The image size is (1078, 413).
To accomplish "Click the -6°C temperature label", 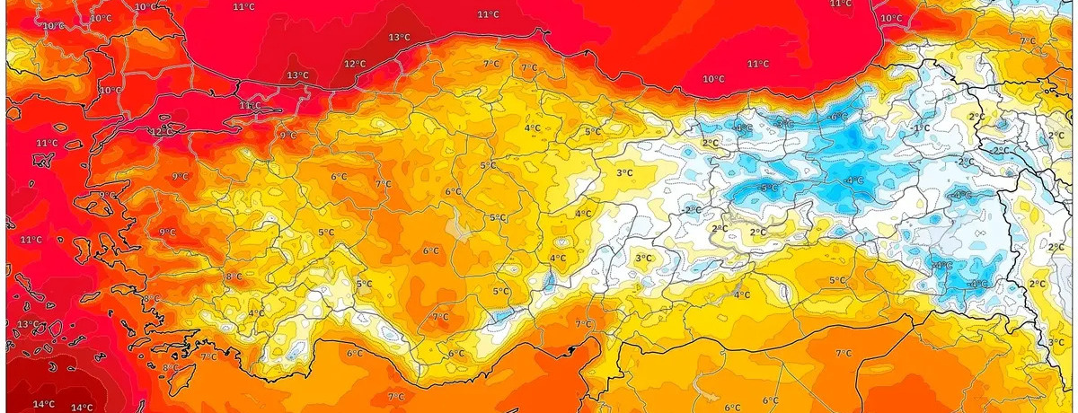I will [x=838, y=117].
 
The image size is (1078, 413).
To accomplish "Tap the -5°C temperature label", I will [x=769, y=188].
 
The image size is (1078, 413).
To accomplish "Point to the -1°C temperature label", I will [x=922, y=128].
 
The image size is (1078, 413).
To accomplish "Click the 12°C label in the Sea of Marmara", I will [x=162, y=132].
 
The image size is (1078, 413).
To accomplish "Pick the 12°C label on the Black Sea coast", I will [x=355, y=64].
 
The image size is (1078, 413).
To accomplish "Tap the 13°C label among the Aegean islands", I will [x=28, y=324].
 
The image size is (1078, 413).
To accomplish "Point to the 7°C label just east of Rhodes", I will [x=208, y=356].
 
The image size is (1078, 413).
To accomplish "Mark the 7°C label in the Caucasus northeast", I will [x=1028, y=41].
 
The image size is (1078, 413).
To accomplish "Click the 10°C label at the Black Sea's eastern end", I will [x=891, y=18].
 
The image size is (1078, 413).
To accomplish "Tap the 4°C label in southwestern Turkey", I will [x=256, y=313].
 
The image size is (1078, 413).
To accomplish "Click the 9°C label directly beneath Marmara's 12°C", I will [x=179, y=177].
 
